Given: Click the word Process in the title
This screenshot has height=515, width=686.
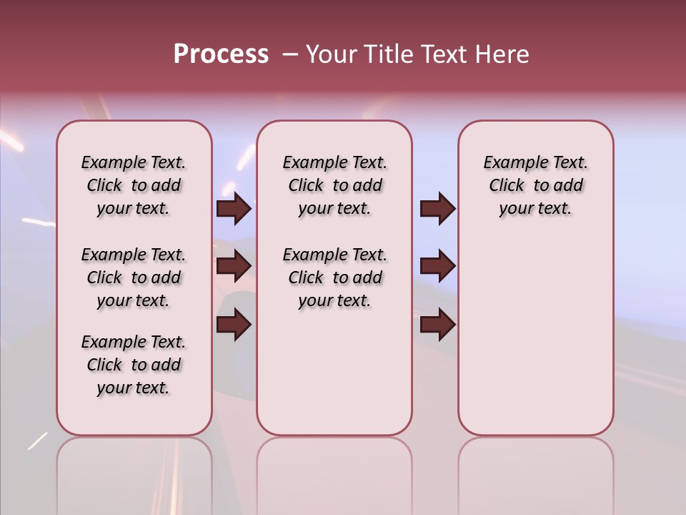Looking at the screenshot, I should click(x=220, y=54).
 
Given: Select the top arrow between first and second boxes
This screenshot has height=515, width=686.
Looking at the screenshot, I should click(x=234, y=208).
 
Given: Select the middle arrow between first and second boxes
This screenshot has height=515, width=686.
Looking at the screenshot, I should click(x=234, y=266).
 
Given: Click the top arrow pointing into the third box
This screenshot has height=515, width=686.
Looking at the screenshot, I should click(x=437, y=208).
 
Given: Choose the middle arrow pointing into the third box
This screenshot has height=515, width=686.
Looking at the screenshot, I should click(x=437, y=266).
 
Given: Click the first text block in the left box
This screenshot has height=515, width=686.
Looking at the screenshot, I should click(x=134, y=185).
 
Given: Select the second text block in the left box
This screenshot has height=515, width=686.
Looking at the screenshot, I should click(x=134, y=278).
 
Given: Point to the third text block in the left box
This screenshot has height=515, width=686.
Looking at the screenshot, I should click(x=134, y=365).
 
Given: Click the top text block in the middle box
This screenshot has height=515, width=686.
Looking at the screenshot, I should click(x=334, y=185).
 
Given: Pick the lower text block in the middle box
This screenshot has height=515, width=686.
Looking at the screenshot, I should click(x=334, y=278).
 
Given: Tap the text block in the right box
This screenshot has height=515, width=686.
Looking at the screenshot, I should click(x=535, y=185).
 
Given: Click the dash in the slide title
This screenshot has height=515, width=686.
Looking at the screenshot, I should click(x=289, y=54).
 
